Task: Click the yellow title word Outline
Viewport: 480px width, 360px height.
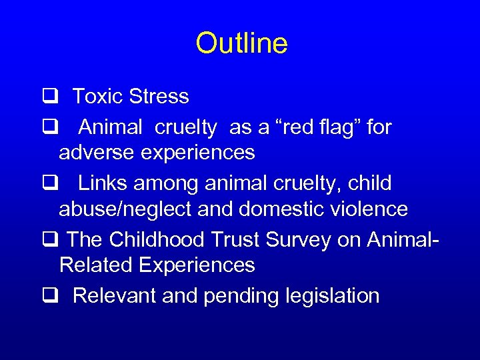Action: tap(241, 44)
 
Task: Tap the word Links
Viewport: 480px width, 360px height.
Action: tap(101, 183)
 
